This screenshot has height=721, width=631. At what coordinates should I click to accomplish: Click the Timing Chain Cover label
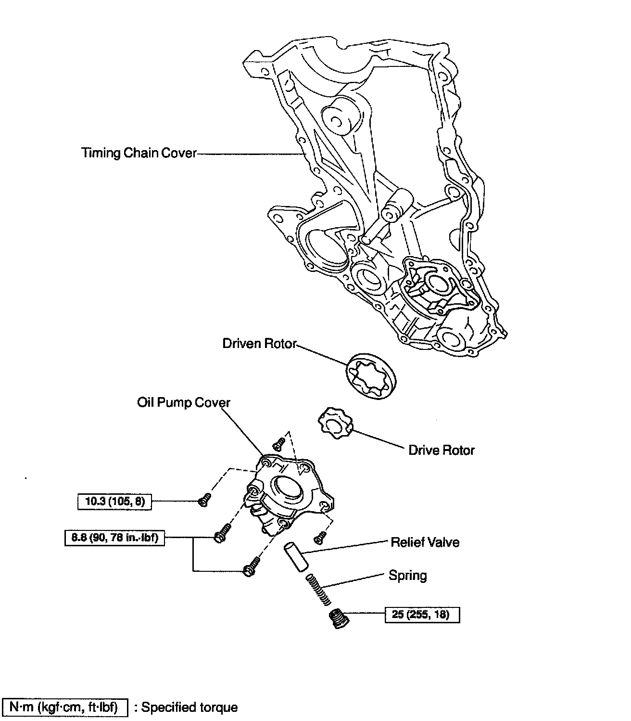pos(139,153)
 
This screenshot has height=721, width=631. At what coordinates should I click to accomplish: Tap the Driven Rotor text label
pos(259,344)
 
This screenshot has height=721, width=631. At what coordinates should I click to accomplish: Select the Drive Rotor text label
pos(441,451)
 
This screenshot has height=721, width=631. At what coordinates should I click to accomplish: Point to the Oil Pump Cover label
pos(184,402)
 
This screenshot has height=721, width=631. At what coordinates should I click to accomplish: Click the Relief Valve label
pos(425,542)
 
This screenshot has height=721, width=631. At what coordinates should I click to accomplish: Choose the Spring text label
pos(408,576)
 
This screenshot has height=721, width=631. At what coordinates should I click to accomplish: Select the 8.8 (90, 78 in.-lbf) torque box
pos(114,537)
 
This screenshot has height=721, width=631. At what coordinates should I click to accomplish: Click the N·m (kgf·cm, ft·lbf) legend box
pos(65,707)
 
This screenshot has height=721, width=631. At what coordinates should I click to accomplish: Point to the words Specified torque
pos(189,708)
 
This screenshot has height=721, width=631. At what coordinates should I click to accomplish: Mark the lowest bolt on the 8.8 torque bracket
pos(252,566)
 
